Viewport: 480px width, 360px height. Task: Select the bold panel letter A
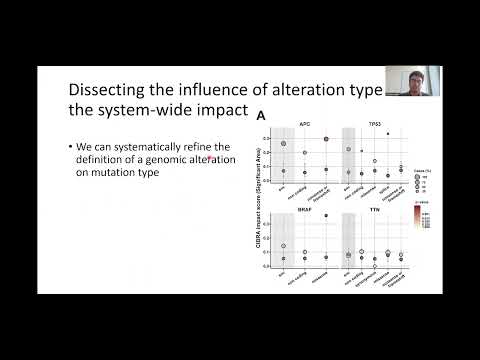262,116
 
